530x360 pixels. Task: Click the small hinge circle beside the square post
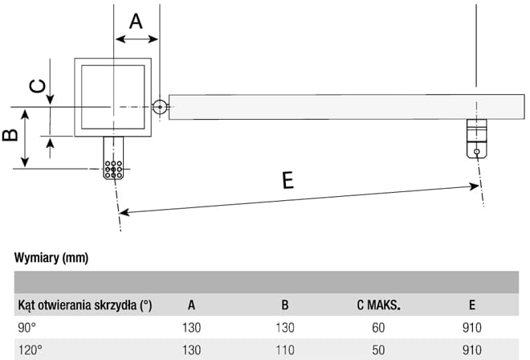[160, 106]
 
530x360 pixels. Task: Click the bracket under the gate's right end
[476, 138]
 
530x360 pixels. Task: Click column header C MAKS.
[377, 305]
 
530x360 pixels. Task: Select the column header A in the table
[191, 305]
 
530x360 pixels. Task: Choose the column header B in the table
[285, 305]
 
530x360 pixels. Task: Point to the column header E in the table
[471, 305]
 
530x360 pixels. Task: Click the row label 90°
[28, 328]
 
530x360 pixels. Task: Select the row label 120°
[31, 350]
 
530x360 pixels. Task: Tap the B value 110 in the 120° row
[285, 350]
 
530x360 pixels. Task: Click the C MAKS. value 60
[377, 328]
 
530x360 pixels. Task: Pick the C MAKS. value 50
[377, 350]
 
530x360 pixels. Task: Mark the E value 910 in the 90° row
[471, 328]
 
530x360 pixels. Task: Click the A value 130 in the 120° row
[191, 350]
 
